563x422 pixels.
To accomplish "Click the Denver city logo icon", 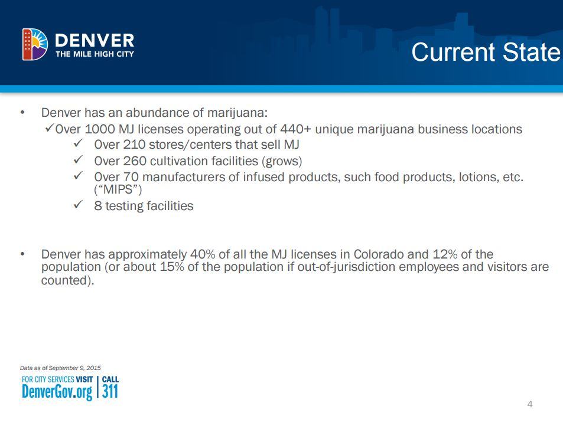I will coord(35,44).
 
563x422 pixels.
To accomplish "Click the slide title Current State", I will coord(485,52).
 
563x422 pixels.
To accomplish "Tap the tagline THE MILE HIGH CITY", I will coord(95,54).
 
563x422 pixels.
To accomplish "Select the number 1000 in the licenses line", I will coord(102,129).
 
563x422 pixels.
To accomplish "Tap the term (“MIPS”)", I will coord(118,190).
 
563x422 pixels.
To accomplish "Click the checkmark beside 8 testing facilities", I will coord(77,205).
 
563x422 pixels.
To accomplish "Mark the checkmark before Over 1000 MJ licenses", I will coord(50,128).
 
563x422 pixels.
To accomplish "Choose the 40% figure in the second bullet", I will coord(203,255).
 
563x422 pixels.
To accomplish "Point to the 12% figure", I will coord(445,255).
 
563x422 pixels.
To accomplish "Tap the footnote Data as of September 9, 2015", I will coord(60,368).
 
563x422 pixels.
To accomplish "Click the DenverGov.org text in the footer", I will coord(57,391).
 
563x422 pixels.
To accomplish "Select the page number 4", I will coord(530,404).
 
